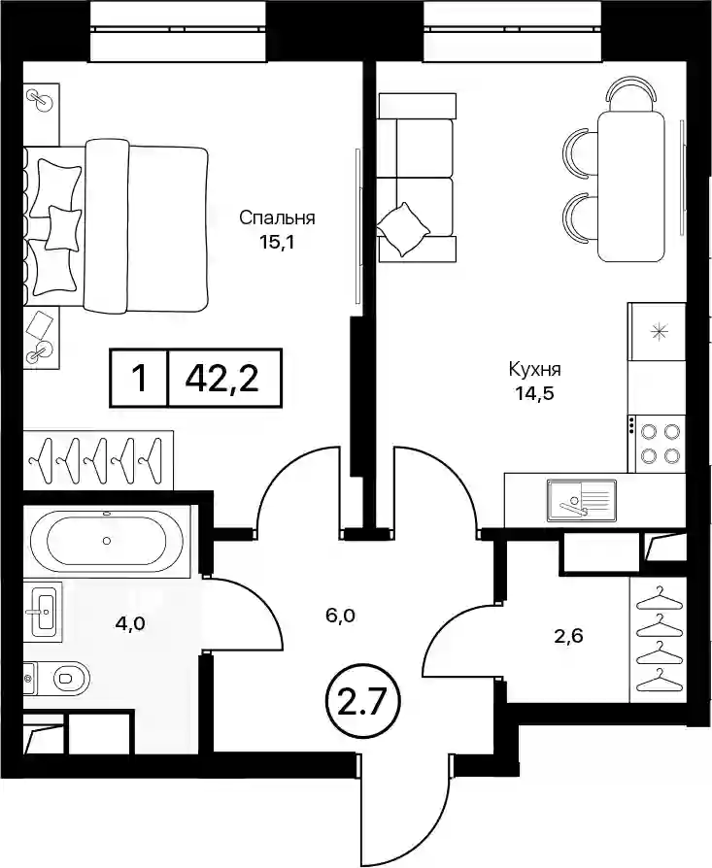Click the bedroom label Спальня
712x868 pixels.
277,218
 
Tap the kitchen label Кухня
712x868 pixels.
535,369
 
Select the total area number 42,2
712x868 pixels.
222,379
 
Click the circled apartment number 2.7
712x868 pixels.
360,703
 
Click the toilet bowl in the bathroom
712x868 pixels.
70,677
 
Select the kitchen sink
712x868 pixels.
581,501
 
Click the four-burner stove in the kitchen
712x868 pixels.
657,444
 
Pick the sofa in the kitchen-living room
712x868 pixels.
417,177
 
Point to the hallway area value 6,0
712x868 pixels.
340,615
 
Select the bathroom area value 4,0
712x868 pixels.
129,623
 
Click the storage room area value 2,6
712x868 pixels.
568,637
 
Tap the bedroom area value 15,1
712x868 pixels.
277,243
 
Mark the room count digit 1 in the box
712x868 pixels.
140,379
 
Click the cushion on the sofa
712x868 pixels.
403,229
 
